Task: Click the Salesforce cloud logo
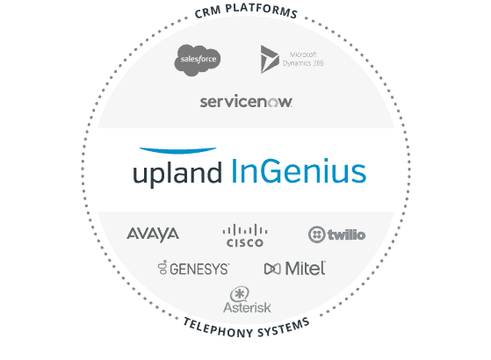(198, 60)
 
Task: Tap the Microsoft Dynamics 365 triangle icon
(270, 59)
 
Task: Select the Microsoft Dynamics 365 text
(303, 59)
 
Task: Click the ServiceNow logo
(246, 101)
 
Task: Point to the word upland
(177, 172)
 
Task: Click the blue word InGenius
(299, 171)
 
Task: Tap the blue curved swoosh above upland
(177, 150)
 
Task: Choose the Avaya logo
(153, 234)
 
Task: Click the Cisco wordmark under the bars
(244, 242)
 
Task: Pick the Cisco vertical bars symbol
(245, 229)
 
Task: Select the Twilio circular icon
(316, 234)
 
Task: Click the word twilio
(346, 234)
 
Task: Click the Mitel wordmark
(306, 269)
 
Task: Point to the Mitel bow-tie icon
(272, 269)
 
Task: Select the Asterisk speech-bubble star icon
(240, 294)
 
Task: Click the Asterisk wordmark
(247, 307)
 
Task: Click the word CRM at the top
(207, 12)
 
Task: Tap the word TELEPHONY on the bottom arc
(218, 328)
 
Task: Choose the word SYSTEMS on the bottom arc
(284, 328)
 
